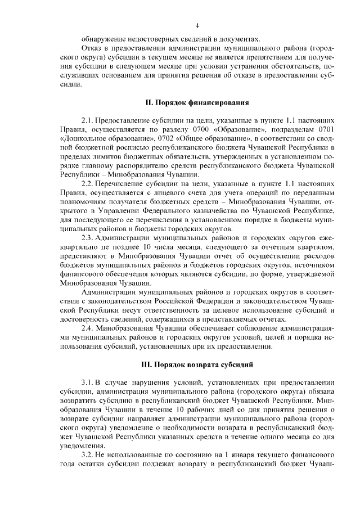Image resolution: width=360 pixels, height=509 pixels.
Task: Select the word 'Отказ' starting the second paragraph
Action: [92, 48]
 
